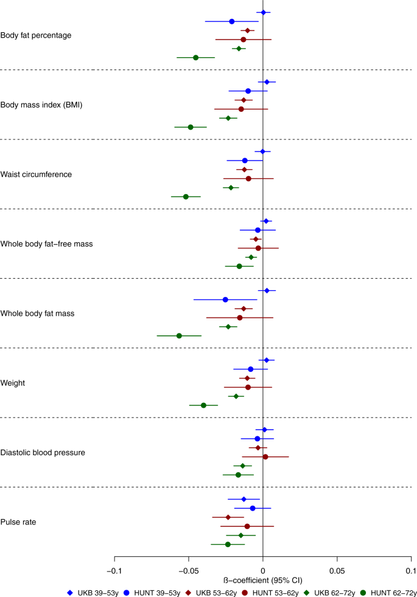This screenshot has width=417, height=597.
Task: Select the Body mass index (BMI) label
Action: tap(41, 105)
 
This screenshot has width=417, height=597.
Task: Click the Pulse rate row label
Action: tap(18, 522)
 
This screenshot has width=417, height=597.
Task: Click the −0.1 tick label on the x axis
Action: tap(114, 571)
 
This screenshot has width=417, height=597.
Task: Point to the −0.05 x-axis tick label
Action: tap(188, 571)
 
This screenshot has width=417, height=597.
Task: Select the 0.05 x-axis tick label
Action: tap(337, 571)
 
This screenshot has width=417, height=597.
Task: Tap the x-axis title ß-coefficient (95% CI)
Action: tap(262, 581)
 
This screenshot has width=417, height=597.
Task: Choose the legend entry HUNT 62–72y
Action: tap(393, 592)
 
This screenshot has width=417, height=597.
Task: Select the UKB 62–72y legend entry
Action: tap(331, 592)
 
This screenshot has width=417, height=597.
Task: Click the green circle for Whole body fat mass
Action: tap(179, 336)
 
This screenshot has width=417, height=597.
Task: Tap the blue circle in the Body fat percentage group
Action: tap(232, 21)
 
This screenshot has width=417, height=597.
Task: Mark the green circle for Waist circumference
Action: tap(186, 197)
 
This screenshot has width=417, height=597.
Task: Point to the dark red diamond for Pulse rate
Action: tap(228, 517)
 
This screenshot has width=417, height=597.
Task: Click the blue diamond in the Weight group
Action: tap(266, 360)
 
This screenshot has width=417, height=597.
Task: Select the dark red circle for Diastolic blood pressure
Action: tap(265, 456)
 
